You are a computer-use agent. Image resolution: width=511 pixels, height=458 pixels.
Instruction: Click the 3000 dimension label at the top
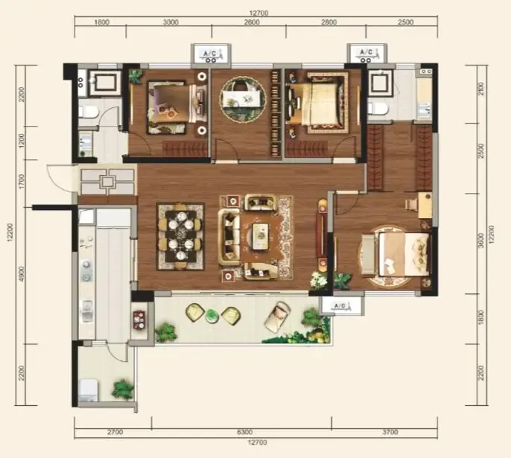click(x=171, y=22)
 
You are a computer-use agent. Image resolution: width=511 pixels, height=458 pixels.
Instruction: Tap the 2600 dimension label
click(x=252, y=22)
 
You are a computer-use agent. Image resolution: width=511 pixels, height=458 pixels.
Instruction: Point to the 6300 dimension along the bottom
click(x=245, y=432)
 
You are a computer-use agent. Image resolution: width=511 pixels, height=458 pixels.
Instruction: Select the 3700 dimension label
click(x=390, y=432)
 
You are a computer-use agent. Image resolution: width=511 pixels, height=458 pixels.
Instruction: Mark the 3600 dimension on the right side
click(x=480, y=241)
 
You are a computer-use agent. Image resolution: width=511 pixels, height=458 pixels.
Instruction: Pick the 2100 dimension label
click(x=480, y=89)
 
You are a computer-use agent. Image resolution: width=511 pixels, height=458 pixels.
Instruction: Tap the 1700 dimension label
click(x=21, y=182)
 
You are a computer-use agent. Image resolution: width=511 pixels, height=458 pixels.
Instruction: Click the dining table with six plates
click(x=180, y=237)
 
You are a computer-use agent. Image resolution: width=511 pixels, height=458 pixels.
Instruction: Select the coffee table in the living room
click(x=261, y=236)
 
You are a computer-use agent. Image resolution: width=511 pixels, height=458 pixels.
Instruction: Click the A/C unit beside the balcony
click(x=341, y=305)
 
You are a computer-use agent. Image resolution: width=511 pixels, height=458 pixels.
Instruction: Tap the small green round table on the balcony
click(x=212, y=316)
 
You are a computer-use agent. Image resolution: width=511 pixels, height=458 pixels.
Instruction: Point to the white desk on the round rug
click(x=240, y=98)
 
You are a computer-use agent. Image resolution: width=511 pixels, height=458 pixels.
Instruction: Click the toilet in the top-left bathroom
click(x=88, y=112)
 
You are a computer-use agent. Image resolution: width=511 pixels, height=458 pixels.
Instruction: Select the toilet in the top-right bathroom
click(x=378, y=108)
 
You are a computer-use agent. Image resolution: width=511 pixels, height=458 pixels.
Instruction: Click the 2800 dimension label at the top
click(x=328, y=22)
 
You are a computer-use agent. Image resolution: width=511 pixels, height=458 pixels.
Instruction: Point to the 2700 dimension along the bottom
click(x=115, y=432)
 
